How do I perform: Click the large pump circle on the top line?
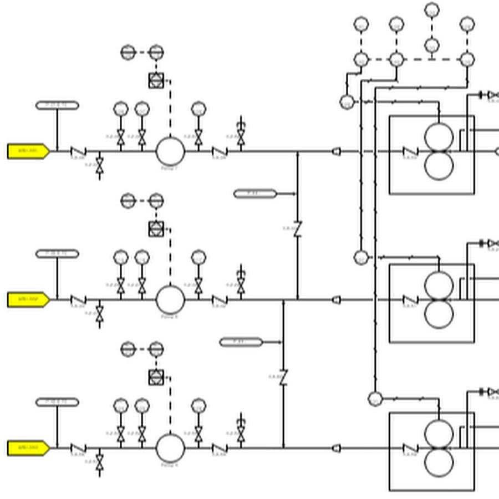pyautogui.click(x=170, y=151)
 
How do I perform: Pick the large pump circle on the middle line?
pyautogui.click(x=170, y=299)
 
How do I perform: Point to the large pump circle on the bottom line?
pyautogui.click(x=170, y=447)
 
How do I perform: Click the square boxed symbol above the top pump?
pyautogui.click(x=156, y=80)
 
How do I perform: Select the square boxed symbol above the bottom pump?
pyautogui.click(x=156, y=377)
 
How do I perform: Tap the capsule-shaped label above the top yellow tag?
pyautogui.click(x=57, y=105)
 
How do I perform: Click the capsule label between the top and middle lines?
pyautogui.click(x=255, y=194)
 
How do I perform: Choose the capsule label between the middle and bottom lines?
pyautogui.click(x=241, y=342)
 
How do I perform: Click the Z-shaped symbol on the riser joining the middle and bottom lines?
pyautogui.click(x=283, y=377)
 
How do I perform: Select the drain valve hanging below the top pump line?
pyautogui.click(x=100, y=165)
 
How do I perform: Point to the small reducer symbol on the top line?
pyautogui.click(x=336, y=151)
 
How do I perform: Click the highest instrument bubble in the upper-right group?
pyautogui.click(x=432, y=10)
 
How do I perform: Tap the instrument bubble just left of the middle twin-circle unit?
pyautogui.click(x=361, y=257)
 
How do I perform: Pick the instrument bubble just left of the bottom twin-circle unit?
pyautogui.click(x=375, y=399)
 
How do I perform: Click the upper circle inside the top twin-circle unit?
pyautogui.click(x=439, y=137)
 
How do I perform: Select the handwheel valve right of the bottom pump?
pyautogui.click(x=241, y=433)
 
